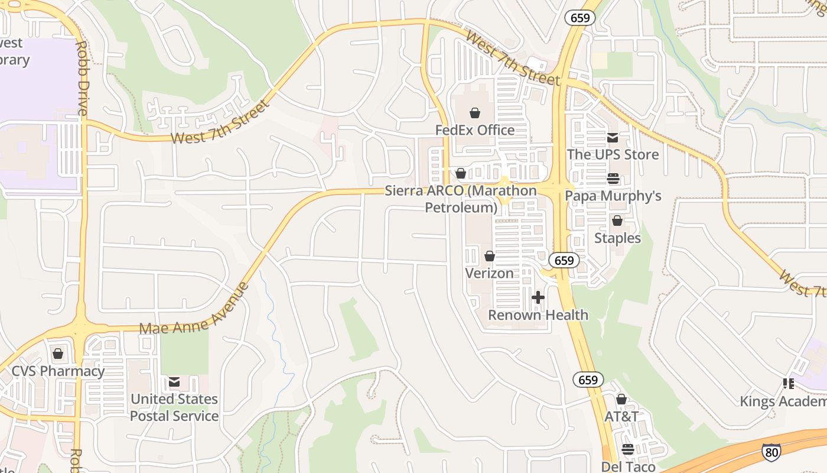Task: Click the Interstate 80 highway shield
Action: tap(771, 452)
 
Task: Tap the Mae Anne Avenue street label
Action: tap(194, 308)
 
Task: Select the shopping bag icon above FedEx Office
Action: tap(475, 113)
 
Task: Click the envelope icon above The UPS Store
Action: tap(613, 138)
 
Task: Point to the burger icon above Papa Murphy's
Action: tap(613, 179)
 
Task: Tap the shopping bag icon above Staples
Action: tap(617, 221)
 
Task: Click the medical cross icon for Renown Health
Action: tap(538, 297)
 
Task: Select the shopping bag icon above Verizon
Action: tap(490, 256)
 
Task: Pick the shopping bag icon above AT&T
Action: tap(621, 400)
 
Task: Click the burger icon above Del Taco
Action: tap(628, 450)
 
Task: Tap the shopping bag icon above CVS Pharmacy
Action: tap(58, 354)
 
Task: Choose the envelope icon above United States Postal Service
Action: tap(174, 382)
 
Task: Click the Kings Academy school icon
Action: tap(788, 384)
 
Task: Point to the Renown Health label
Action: tap(538, 315)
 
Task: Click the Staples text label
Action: tap(617, 238)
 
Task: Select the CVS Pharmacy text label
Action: tap(58, 372)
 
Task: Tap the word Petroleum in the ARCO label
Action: tap(461, 208)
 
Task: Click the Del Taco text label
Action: tap(629, 466)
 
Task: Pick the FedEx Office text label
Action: tap(475, 130)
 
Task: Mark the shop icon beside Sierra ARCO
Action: tap(461, 173)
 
